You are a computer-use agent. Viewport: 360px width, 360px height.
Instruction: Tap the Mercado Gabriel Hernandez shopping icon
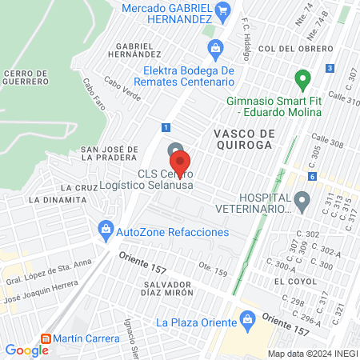[223, 10]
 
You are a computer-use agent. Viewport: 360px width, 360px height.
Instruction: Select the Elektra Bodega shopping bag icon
[215, 49]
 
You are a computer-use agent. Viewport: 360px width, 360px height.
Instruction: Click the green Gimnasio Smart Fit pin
[302, 80]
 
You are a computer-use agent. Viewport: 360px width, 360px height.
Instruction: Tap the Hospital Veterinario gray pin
[302, 200]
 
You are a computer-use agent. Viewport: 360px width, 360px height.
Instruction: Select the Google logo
[26, 350]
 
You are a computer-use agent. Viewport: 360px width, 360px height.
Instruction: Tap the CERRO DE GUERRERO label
[27, 78]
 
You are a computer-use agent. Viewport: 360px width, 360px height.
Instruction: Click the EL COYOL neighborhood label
[290, 282]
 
